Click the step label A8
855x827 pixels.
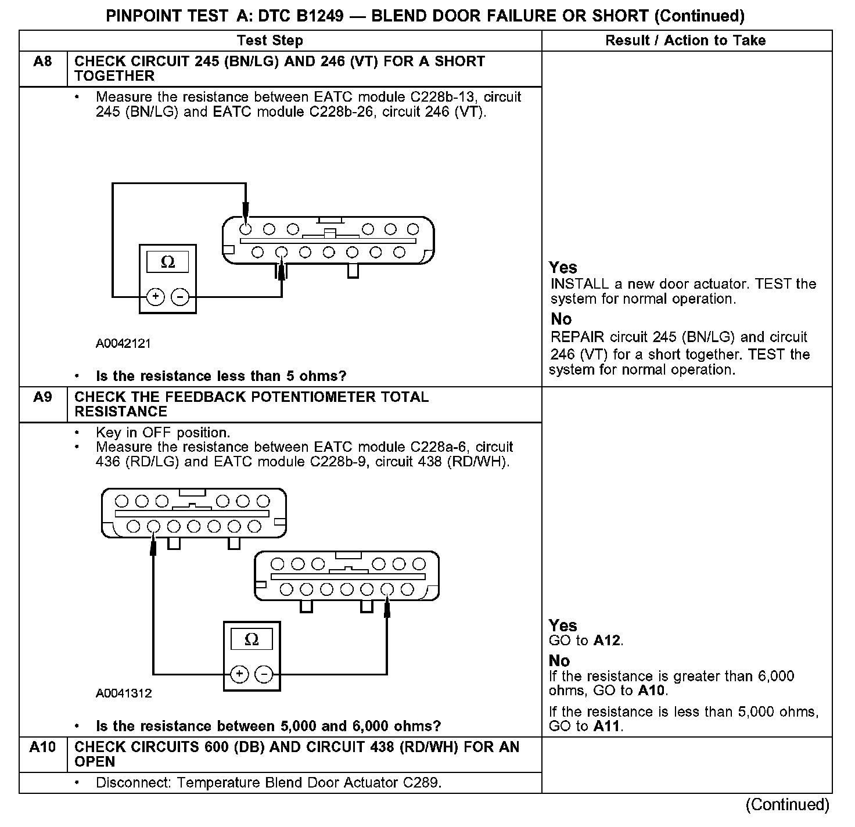click(42, 62)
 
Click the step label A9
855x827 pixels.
click(42, 397)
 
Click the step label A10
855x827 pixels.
click(42, 747)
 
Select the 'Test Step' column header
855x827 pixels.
click(270, 41)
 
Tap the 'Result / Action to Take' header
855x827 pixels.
click(685, 41)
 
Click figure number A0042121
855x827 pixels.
click(123, 343)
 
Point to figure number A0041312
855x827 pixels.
click(124, 693)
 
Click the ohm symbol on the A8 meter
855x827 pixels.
click(167, 263)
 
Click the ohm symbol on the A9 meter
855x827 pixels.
click(252, 639)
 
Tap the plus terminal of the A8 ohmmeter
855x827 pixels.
click(155, 297)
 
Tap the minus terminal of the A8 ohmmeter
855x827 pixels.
click(180, 297)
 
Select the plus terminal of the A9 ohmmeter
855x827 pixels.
click(239, 674)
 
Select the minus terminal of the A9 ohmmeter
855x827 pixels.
click(264, 674)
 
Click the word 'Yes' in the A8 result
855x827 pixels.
click(563, 268)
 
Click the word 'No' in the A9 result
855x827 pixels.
click(559, 661)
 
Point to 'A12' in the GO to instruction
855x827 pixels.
click(607, 641)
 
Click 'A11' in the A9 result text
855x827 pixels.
click(608, 726)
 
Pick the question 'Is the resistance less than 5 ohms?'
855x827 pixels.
click(221, 376)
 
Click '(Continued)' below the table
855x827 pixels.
click(788, 805)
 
